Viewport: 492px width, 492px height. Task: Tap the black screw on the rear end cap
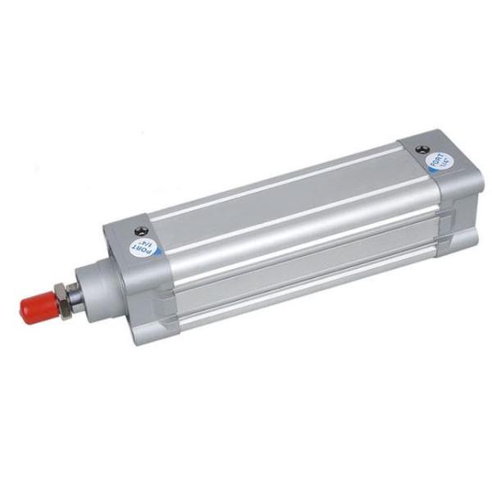[x=423, y=150]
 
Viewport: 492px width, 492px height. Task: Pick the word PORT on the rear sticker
[x=439, y=157]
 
